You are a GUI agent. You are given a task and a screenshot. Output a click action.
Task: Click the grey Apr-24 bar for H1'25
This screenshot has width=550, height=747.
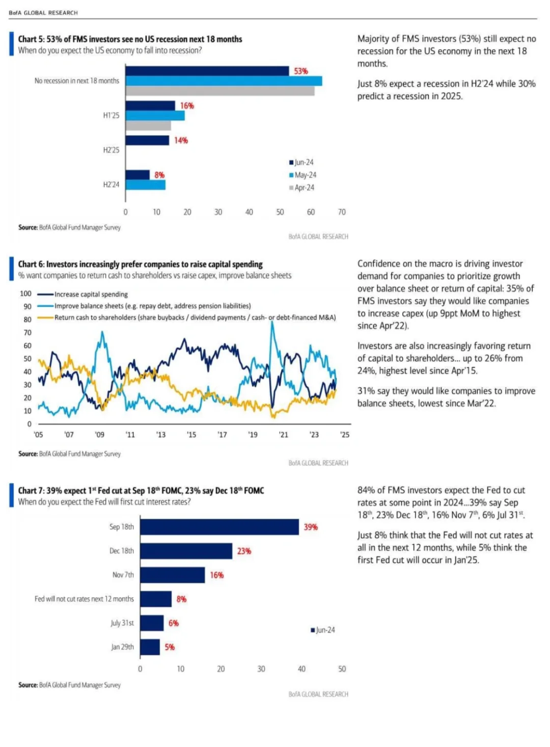tap(148, 125)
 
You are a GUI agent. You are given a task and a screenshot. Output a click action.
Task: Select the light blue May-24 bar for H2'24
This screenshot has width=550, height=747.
tap(145, 185)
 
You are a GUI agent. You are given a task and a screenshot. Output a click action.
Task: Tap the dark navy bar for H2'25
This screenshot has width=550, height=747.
tap(147, 141)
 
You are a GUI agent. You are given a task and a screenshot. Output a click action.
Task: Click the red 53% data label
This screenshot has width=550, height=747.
tap(300, 71)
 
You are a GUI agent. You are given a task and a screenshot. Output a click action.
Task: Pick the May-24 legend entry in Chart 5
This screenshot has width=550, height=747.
tap(302, 175)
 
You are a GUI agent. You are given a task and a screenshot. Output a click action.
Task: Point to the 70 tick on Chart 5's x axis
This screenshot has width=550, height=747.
tap(342, 212)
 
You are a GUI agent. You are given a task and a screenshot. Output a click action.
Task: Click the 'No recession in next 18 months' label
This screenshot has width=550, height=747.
tap(77, 81)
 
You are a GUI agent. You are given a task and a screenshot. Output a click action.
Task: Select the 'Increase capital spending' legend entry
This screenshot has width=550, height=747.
tap(82, 294)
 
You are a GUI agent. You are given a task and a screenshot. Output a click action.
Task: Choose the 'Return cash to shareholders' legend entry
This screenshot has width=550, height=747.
tap(187, 317)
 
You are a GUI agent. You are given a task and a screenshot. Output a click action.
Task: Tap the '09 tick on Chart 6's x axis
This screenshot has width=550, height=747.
tap(99, 435)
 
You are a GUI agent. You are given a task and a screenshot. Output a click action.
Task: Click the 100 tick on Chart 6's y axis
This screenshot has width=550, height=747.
tap(25, 294)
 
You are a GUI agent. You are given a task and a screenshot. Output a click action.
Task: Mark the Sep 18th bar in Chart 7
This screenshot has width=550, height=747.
tap(219, 527)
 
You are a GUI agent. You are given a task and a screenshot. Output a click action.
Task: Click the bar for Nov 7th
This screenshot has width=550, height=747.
tap(173, 575)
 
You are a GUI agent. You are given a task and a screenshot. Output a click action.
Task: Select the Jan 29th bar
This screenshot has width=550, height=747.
tap(150, 647)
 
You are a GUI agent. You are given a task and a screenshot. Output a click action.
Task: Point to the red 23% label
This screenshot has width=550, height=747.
tap(244, 551)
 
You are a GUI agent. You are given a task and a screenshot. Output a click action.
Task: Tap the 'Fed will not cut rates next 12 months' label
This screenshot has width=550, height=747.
tap(84, 599)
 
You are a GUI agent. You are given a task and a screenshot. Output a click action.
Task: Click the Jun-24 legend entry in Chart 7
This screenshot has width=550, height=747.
tap(323, 630)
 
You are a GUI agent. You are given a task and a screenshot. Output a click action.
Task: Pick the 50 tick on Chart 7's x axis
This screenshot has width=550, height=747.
tap(342, 669)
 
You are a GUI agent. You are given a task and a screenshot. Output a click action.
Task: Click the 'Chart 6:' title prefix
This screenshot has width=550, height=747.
tap(31, 264)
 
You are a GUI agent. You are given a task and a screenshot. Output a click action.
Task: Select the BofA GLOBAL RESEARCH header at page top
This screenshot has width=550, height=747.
tap(43, 13)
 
